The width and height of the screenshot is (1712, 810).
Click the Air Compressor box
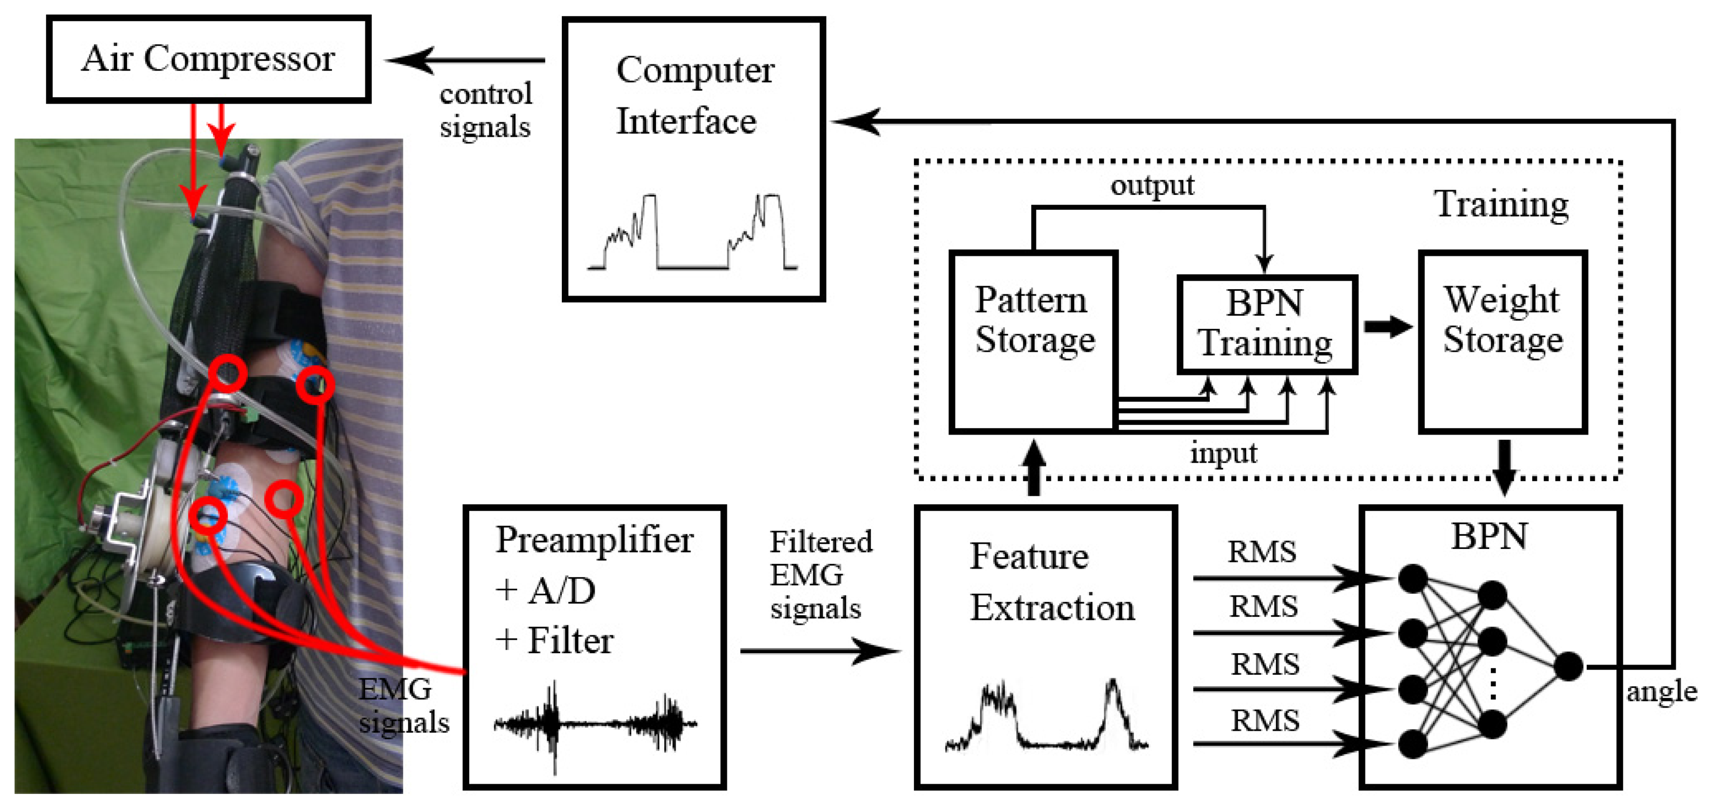208,59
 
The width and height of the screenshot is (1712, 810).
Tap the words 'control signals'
485,110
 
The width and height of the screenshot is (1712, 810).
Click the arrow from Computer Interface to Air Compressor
465,60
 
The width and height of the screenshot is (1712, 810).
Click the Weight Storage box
1502,343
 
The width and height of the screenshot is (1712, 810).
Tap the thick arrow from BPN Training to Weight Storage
1387,327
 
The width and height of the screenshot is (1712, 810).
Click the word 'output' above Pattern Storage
1152,186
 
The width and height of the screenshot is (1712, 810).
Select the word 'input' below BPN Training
1223,454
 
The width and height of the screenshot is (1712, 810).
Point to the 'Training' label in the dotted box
1501,204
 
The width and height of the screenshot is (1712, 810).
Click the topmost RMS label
1262,552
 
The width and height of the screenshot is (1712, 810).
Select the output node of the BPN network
1568,666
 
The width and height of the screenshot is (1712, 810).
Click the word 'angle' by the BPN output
1661,692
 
